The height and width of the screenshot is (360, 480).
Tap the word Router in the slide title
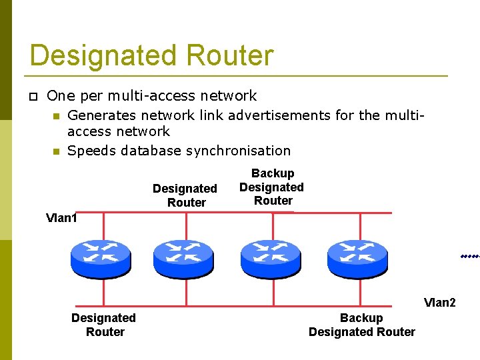(x=230, y=55)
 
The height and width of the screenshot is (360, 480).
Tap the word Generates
(x=100, y=115)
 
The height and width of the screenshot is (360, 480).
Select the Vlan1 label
(x=61, y=218)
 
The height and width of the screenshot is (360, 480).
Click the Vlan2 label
(x=439, y=303)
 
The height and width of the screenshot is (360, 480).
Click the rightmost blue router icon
(x=357, y=257)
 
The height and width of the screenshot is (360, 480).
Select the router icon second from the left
(x=183, y=257)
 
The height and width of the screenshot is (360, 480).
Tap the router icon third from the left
(x=271, y=257)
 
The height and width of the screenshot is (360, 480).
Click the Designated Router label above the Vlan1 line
(x=185, y=195)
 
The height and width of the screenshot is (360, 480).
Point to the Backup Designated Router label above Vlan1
(x=272, y=187)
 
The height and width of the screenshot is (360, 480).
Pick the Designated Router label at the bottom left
(x=104, y=325)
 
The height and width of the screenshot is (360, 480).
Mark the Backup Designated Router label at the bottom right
(x=361, y=325)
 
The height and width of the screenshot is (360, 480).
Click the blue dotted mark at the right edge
(x=470, y=256)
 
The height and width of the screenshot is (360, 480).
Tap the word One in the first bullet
(x=59, y=96)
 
